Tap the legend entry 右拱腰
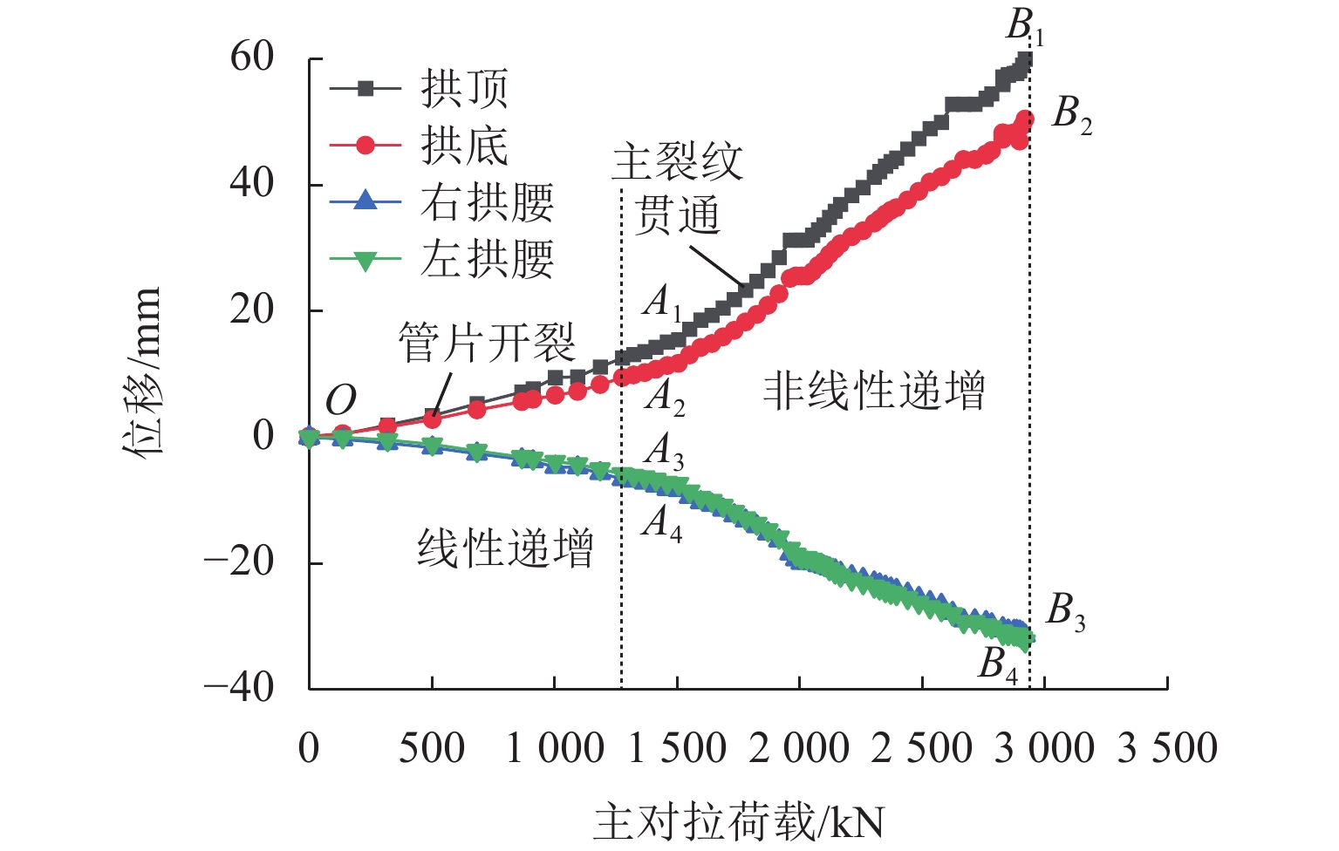point(487,202)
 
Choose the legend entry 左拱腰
point(487,259)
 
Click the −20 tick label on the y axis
point(239,562)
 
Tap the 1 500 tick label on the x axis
point(677,748)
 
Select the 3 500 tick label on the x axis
point(1167,748)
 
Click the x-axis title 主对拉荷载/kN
point(740,822)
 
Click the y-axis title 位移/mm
point(142,371)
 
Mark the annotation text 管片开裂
point(487,342)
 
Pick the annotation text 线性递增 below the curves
point(505,548)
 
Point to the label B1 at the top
point(1024,27)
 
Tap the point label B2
point(1071,114)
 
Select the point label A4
point(663,523)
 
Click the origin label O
point(341,401)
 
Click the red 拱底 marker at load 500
point(432,420)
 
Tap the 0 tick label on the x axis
point(309,748)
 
